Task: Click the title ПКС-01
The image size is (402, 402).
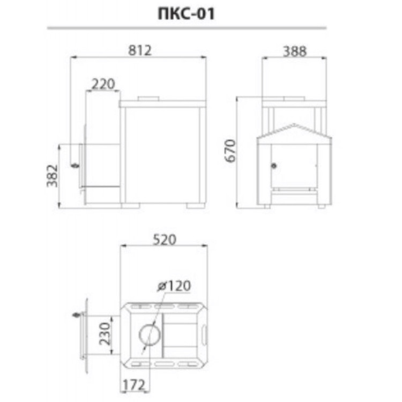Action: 186,14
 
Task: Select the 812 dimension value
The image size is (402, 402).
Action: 140,50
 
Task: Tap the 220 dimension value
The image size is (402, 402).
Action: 103,84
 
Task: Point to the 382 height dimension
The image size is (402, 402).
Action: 53,176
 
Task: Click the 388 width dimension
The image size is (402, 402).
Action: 295,51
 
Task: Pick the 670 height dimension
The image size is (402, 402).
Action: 230,151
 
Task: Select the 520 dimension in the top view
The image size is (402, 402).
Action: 165,240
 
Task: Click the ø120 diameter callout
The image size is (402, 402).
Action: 174,286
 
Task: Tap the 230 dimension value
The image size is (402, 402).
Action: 105,334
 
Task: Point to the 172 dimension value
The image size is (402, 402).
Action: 133,384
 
